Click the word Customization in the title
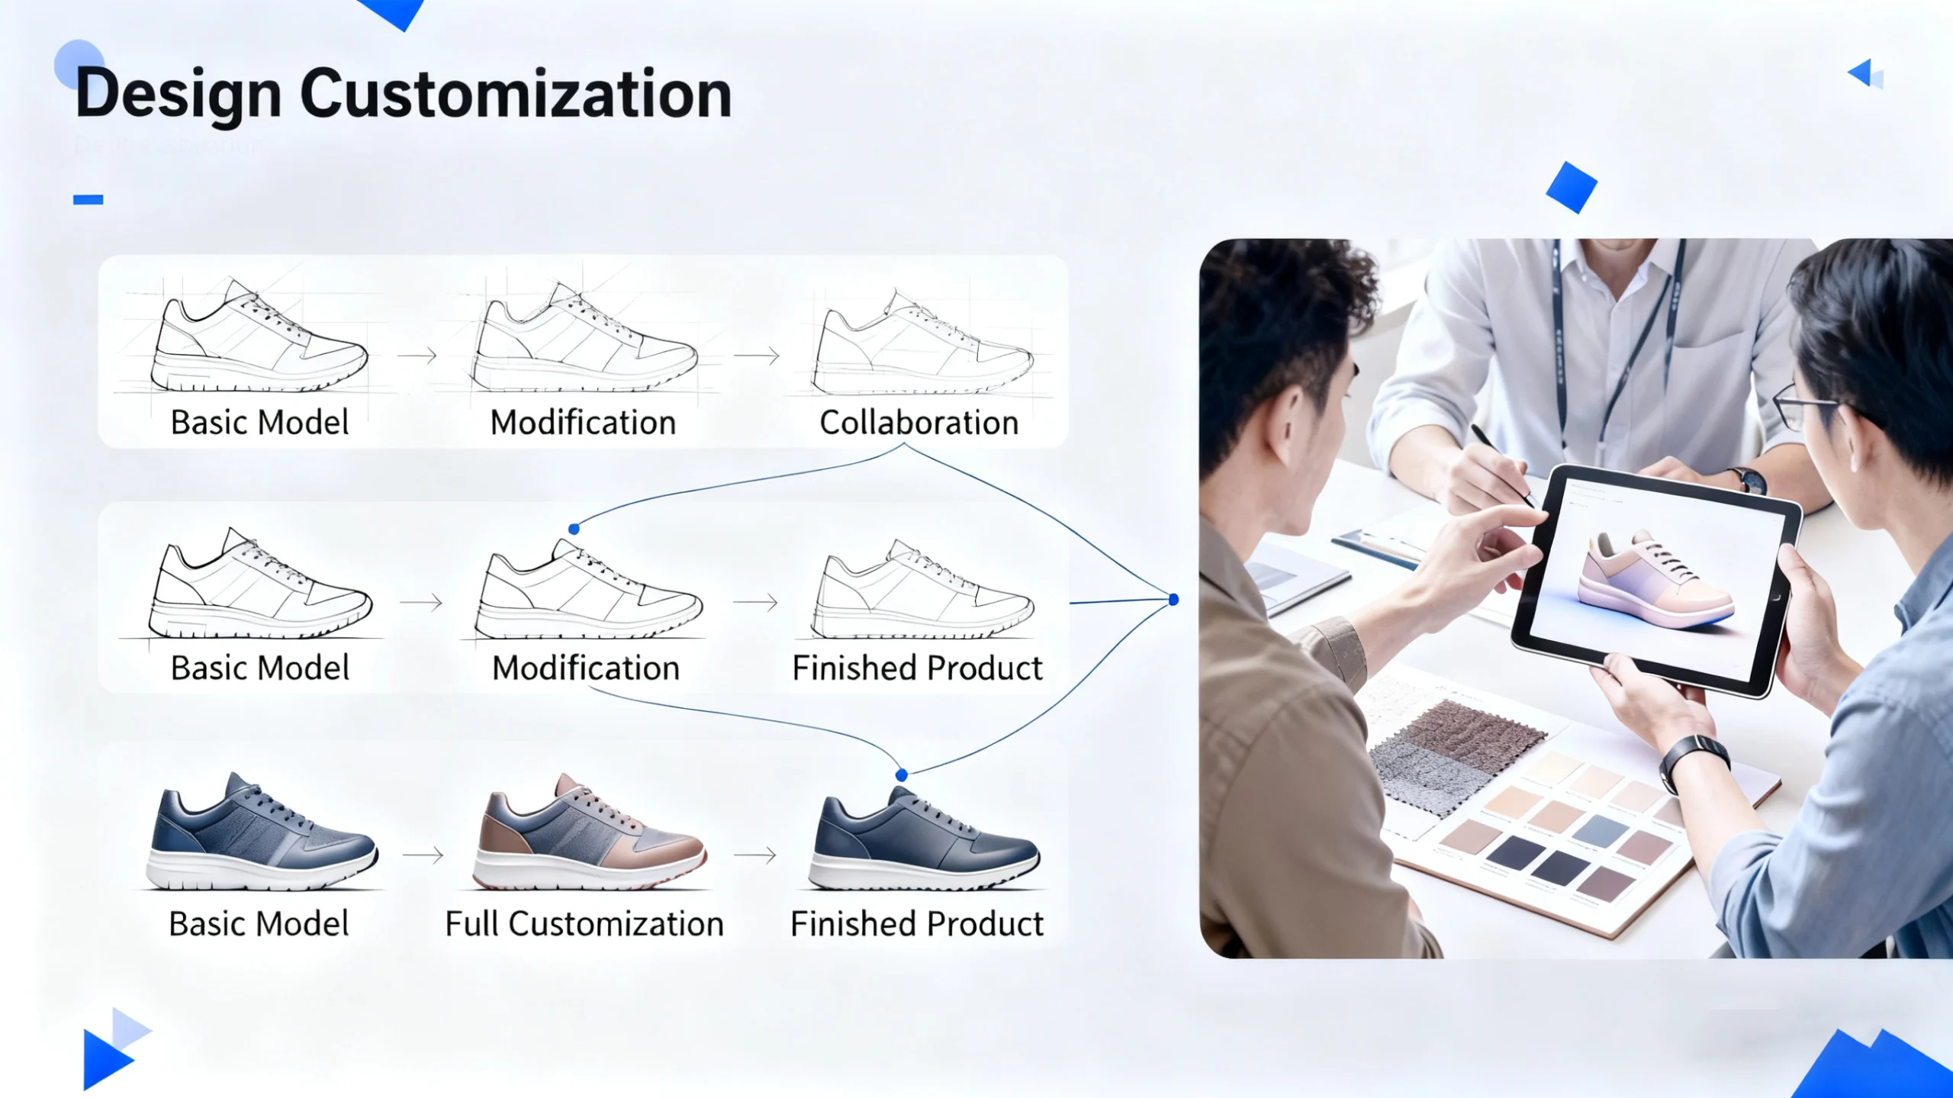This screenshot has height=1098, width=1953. [516, 95]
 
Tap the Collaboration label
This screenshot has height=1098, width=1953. [919, 423]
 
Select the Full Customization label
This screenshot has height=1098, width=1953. [584, 924]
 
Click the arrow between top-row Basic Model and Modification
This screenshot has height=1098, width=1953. [417, 355]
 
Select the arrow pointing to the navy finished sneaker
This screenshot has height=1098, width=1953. [756, 855]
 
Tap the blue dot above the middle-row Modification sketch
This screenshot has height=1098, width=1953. [574, 529]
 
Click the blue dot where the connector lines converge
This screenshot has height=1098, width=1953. [1173, 600]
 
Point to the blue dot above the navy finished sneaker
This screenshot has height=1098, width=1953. [901, 775]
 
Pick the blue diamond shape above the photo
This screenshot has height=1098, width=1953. [1572, 188]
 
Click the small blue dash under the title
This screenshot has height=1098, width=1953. [88, 200]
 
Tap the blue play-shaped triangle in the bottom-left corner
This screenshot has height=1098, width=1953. [105, 1059]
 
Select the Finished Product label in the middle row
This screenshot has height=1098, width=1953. [917, 668]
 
